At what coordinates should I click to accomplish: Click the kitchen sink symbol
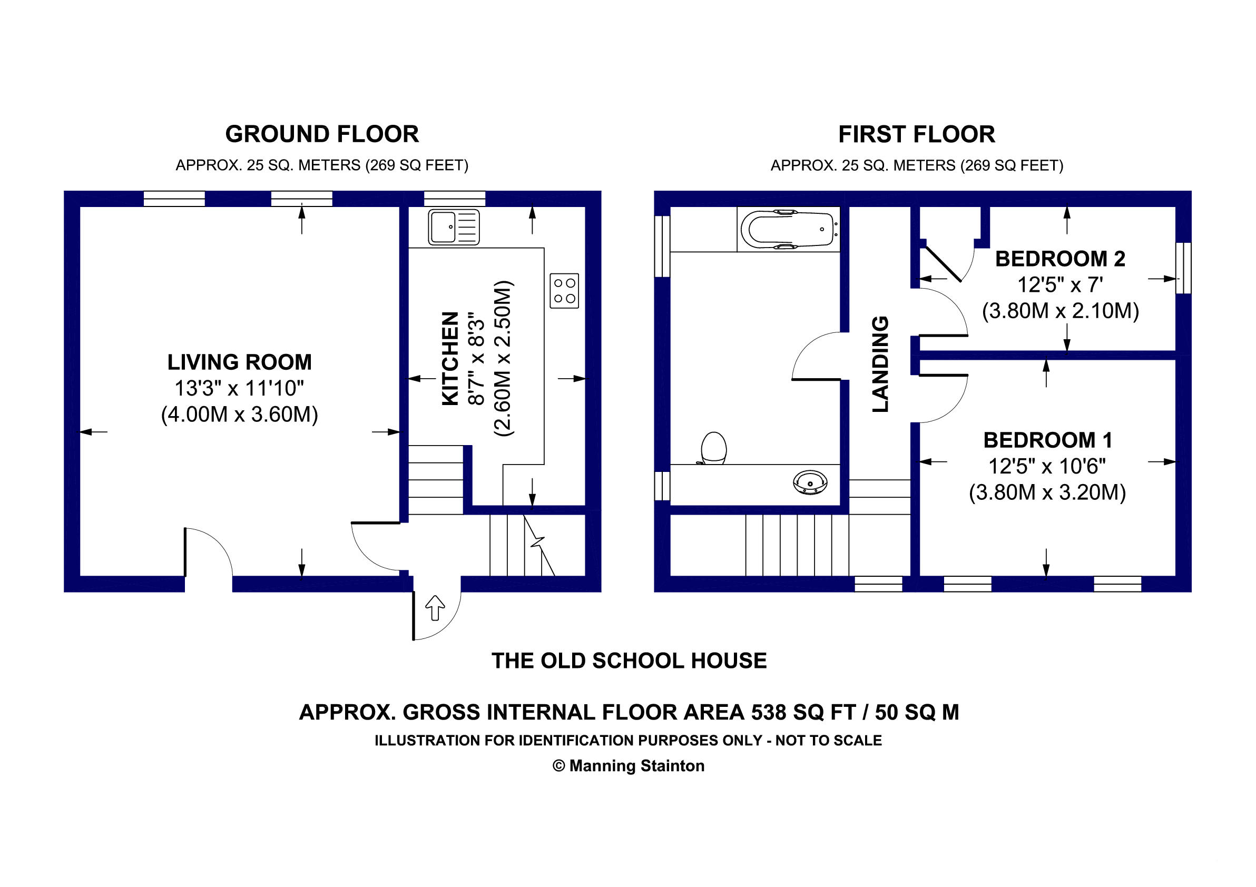454,227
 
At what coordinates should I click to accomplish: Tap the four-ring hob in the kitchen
564,290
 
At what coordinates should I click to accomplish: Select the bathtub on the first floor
788,229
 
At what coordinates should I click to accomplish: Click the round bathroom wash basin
810,482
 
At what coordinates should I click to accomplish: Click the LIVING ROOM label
240,362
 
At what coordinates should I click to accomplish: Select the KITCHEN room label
450,359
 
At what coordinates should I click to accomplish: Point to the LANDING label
880,364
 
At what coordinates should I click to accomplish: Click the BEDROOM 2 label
1060,259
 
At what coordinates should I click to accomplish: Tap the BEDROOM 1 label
1047,440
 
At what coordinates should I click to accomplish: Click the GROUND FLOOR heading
322,134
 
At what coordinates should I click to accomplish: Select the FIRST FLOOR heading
917,134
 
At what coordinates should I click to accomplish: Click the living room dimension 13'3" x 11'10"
239,388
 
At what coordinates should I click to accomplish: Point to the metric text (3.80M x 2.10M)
1061,311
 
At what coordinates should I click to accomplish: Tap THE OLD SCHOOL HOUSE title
629,661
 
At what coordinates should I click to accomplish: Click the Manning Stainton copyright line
629,766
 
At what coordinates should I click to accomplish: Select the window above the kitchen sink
455,199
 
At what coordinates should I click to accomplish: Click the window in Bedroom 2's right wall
1184,268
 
